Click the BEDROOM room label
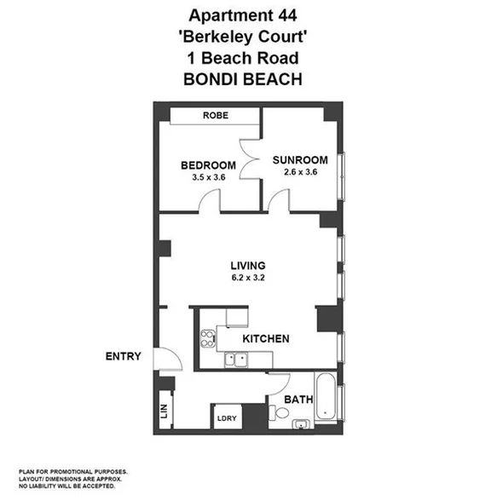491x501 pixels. point(207,164)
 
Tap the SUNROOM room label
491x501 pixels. point(299,159)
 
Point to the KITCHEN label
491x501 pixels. point(266,339)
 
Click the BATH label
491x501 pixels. point(298,399)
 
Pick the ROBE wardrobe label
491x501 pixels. point(215,117)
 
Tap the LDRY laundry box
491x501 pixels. point(226,417)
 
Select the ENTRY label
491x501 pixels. point(123,355)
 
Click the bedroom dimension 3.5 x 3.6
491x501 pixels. point(207,177)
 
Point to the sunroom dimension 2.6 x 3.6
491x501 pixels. point(299,172)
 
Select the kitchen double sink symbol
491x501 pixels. point(236,360)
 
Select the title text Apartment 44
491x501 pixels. point(245,14)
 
